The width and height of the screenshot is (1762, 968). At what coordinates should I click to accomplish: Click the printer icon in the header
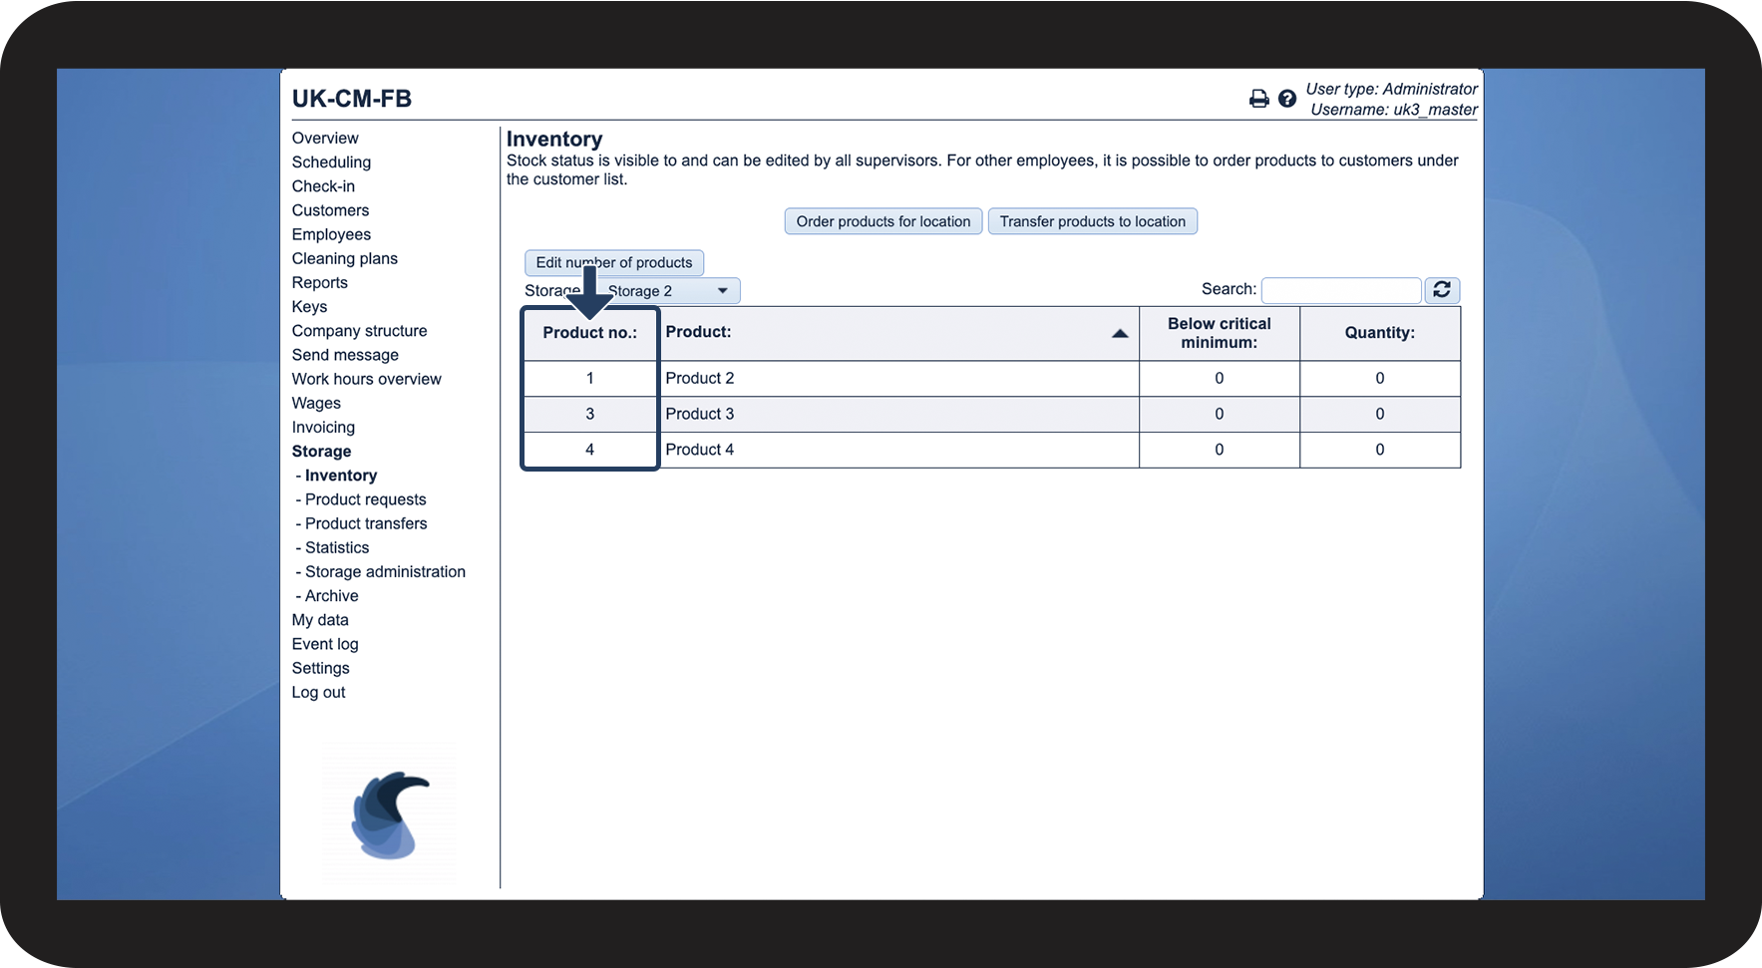(x=1258, y=99)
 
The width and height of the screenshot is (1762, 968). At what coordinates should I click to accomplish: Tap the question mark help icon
(x=1287, y=99)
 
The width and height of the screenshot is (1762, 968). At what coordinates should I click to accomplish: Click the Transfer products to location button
(x=1092, y=221)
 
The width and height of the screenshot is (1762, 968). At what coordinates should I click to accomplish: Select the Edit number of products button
(x=614, y=262)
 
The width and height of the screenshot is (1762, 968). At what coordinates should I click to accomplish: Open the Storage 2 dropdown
(x=670, y=291)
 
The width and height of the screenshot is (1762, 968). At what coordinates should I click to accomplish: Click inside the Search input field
(x=1340, y=290)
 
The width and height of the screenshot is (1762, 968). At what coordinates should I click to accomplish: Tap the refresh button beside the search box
(x=1442, y=290)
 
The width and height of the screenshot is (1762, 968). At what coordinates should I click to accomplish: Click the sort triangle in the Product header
(x=1120, y=333)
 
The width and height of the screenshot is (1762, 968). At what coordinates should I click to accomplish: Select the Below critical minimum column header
(x=1219, y=333)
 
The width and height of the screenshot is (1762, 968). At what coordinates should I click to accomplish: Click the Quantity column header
(x=1379, y=333)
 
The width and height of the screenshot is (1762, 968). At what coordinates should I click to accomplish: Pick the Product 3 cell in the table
(x=700, y=414)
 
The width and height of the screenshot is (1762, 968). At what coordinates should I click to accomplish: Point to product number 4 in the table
(x=589, y=450)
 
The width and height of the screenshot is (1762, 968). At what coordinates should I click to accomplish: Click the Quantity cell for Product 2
(x=1379, y=378)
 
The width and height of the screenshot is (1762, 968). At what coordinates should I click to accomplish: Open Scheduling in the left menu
(x=331, y=162)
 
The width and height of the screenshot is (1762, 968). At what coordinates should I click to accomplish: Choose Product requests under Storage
(x=365, y=499)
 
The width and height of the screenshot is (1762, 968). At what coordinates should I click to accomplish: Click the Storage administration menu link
(x=385, y=571)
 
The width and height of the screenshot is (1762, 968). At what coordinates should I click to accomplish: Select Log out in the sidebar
(x=318, y=692)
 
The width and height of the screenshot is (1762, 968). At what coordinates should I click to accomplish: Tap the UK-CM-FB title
(x=352, y=99)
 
